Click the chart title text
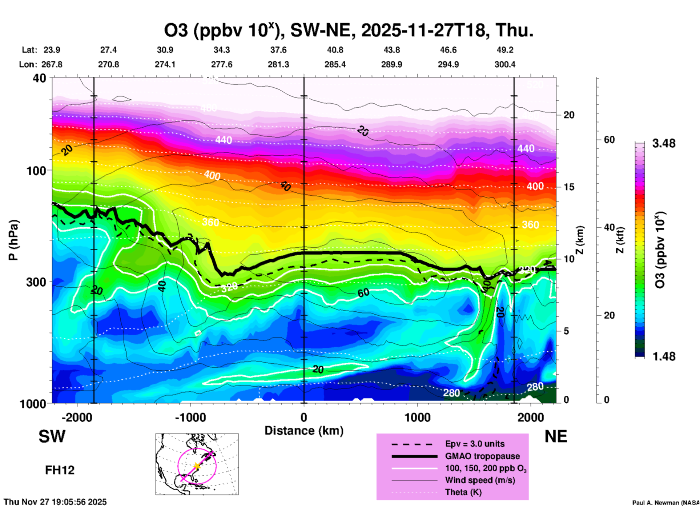[349, 30]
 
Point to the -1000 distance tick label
[190, 418]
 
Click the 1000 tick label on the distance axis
[417, 418]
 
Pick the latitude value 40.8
[335, 50]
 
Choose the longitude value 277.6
[222, 64]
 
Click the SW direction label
[52, 436]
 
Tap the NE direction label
[556, 436]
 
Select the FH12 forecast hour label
[60, 470]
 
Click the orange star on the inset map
[197, 466]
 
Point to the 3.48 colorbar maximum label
[664, 144]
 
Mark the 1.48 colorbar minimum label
[664, 356]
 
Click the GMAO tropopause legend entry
[482, 456]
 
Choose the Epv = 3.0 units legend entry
[475, 444]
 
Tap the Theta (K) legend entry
[463, 492]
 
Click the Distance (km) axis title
[304, 431]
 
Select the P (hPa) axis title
[13, 240]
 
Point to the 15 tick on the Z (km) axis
[569, 187]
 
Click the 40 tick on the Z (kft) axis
[609, 227]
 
